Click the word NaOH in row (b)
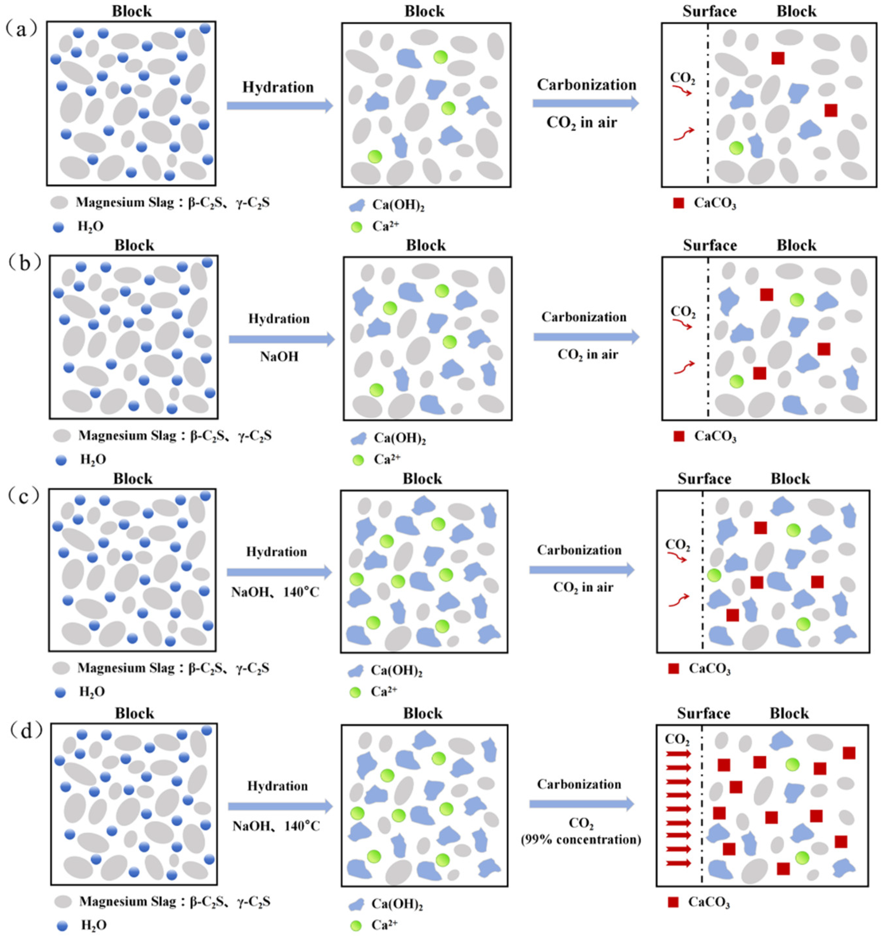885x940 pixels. tap(279, 356)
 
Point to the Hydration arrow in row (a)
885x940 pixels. tap(279, 106)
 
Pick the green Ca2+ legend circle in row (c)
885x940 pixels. tap(355, 692)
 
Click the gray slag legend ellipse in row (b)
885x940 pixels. tap(62, 435)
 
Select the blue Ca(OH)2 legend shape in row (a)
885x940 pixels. tap(357, 205)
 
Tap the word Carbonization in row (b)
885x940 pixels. tap(584, 317)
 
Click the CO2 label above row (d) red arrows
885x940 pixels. tap(677, 739)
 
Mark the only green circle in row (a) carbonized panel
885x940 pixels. tap(736, 148)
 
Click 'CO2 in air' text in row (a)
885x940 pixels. tap(581, 123)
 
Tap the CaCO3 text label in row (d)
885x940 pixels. tap(709, 902)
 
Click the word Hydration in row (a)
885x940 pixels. tap(278, 87)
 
